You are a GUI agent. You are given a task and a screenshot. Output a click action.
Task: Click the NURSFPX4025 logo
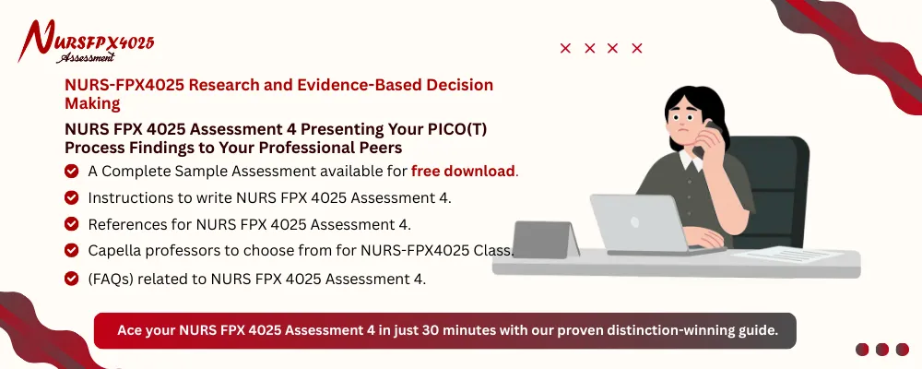click(x=88, y=42)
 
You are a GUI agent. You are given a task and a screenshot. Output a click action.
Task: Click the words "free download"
click(x=464, y=171)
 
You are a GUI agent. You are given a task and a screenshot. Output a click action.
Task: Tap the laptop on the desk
click(x=638, y=223)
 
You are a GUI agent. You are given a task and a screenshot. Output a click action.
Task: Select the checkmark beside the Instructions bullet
click(x=71, y=197)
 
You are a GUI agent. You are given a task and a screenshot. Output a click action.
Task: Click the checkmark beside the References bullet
click(x=71, y=224)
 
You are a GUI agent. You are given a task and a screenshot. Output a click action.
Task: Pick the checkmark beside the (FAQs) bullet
click(x=71, y=279)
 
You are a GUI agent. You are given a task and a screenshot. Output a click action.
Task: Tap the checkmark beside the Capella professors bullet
click(x=71, y=251)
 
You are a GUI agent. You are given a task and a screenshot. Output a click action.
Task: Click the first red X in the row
click(x=565, y=49)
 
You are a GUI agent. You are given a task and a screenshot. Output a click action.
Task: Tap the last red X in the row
click(x=637, y=49)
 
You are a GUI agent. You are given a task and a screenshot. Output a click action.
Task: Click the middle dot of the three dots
click(x=881, y=350)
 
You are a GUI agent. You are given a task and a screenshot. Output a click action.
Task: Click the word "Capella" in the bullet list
click(x=115, y=251)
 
